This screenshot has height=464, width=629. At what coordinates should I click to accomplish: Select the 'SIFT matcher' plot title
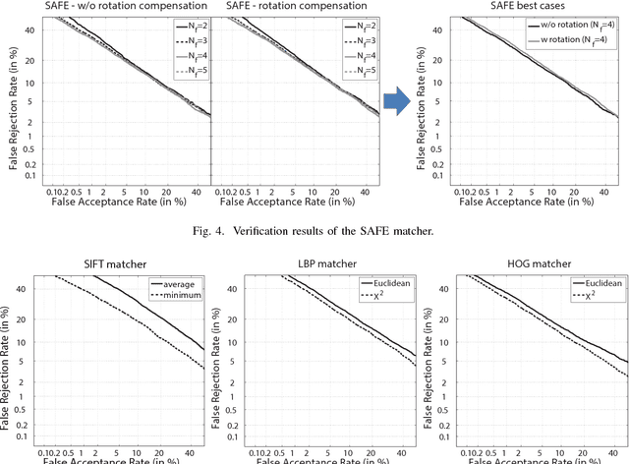click(108, 262)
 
